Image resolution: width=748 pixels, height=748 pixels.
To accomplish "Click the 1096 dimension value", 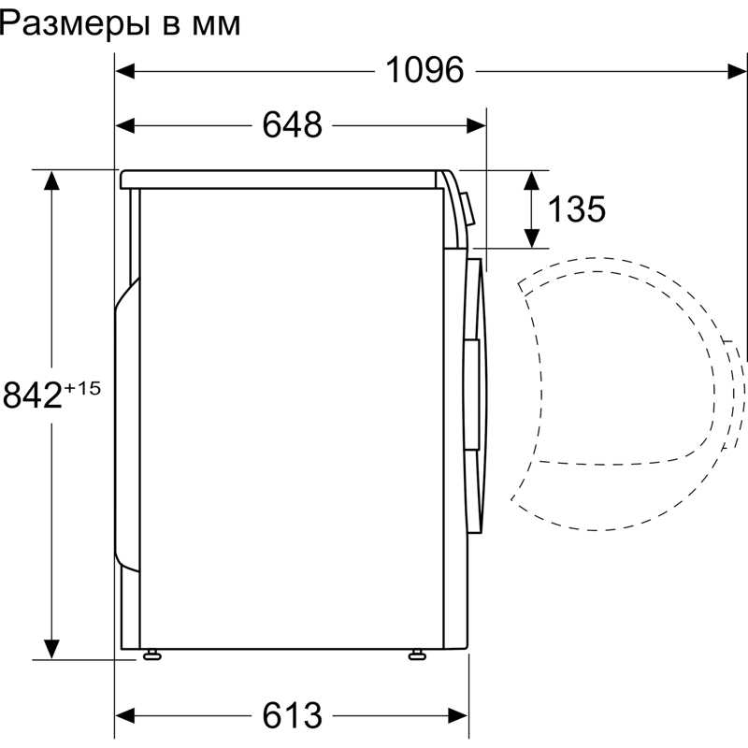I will [424, 70].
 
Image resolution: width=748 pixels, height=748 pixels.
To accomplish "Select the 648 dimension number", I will [292, 124].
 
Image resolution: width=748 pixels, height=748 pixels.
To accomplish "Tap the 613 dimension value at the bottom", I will [292, 715].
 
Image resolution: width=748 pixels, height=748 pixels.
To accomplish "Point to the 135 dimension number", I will [576, 209].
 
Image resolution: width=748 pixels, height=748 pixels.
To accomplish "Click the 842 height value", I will [33, 396].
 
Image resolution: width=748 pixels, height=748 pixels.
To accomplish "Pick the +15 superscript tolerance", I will [82, 386].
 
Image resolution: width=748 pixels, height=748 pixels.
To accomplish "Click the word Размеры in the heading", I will [74, 24].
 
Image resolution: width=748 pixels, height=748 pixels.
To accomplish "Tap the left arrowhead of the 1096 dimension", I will [124, 70].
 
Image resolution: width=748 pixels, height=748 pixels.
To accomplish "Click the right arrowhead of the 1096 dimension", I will [738, 70].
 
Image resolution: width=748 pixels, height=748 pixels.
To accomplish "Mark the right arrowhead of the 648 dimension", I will [477, 124].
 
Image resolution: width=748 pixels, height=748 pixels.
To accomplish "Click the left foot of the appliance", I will [150, 654].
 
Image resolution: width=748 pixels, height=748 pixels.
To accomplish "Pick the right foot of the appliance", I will [416, 654].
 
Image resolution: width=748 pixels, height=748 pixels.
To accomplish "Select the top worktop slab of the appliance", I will [280, 178].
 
